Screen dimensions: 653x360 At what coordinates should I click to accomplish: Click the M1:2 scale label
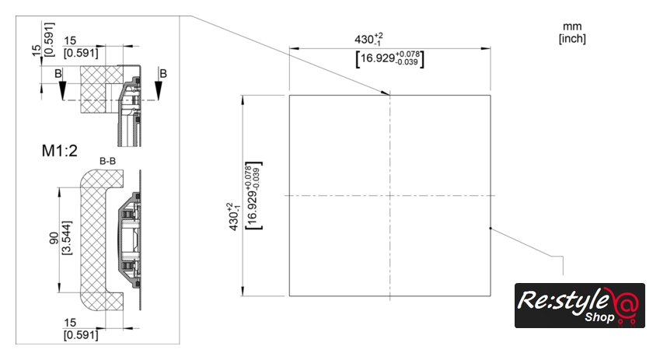pos(60,150)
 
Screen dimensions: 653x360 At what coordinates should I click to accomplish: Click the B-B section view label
pos(107,161)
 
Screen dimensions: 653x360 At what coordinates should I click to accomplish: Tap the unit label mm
pos(572,26)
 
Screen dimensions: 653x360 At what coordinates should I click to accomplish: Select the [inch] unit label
pos(572,39)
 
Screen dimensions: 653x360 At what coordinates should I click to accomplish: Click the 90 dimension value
pos(54,239)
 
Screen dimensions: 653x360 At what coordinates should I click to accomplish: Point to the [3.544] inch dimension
pos(67,237)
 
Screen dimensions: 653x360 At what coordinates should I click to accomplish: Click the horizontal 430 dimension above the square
pos(368,39)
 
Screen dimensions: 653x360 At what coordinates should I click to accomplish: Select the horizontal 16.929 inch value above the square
pos(389,58)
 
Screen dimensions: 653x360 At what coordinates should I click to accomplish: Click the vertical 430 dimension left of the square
pos(234,217)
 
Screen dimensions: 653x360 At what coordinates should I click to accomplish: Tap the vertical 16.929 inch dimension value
pos(253,196)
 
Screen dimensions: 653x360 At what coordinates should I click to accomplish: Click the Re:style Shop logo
pos(580,306)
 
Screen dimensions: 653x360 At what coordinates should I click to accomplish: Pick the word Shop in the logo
pos(599,317)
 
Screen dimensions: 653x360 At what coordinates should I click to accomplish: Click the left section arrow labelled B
pos(62,89)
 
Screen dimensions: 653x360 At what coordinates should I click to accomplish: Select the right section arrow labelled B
pos(159,89)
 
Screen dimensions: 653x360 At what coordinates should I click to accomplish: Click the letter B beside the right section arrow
pos(163,74)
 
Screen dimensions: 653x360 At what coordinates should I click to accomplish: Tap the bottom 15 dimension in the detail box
pos(70,323)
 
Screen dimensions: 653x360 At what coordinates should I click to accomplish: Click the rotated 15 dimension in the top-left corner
pos(37,51)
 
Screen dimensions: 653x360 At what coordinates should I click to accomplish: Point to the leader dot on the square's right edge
pos(491,229)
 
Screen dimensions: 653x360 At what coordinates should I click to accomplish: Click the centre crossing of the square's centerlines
pos(389,195)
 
